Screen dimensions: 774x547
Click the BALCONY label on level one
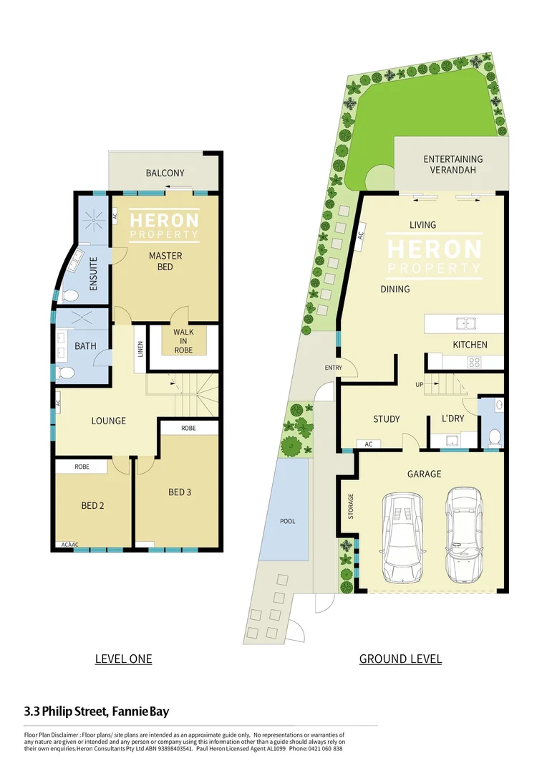[x=165, y=173]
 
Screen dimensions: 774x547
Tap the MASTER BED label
[x=165, y=262]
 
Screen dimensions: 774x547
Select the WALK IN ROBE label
[x=183, y=340]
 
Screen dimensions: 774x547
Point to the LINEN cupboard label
[x=140, y=349]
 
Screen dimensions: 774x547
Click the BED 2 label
[x=93, y=505]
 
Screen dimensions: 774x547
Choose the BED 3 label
[x=180, y=492]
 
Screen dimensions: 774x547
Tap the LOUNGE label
[x=108, y=421]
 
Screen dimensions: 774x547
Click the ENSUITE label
[x=93, y=273]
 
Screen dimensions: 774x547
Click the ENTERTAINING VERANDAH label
[x=452, y=164]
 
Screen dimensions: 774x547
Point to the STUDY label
[x=387, y=419]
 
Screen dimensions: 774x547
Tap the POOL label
[x=287, y=521]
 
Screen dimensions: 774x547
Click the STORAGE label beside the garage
[x=351, y=506]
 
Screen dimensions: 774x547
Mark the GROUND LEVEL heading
[x=400, y=659]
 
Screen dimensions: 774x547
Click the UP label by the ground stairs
[x=419, y=385]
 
